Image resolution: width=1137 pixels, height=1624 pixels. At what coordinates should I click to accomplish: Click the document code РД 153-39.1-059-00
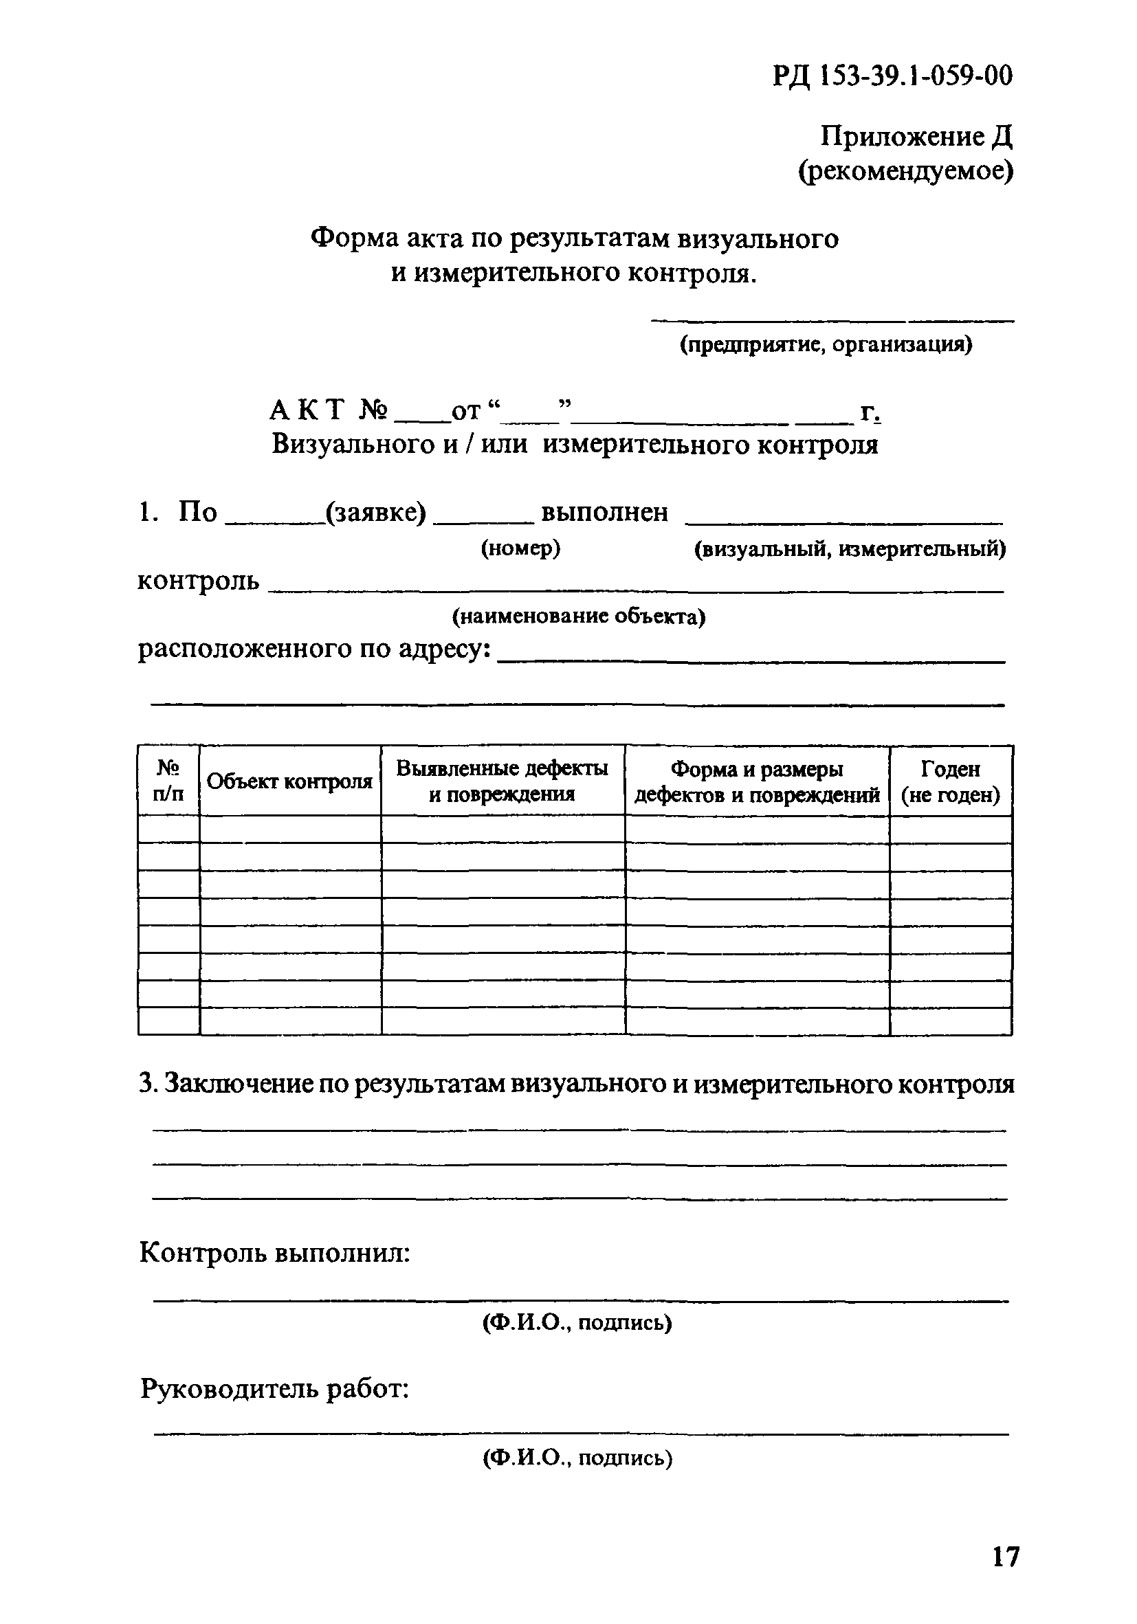892,75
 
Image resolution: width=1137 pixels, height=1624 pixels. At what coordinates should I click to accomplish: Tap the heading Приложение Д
916,137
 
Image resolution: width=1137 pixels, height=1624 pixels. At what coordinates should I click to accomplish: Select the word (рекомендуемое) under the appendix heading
905,171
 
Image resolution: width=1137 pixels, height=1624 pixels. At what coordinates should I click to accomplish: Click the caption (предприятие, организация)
826,344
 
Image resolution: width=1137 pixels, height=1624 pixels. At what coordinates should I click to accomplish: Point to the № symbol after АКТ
373,410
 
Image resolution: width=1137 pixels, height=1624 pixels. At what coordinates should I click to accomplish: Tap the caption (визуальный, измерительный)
850,548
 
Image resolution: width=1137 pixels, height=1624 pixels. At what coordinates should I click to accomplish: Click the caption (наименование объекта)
579,616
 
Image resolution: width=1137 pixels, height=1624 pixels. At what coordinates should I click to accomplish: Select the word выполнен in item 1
604,512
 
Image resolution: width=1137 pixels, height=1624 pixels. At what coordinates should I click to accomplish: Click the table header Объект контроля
289,781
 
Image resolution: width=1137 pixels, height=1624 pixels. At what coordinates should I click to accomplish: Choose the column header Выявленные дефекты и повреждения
502,781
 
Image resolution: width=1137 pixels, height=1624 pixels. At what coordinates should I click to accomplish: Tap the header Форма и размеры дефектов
756,781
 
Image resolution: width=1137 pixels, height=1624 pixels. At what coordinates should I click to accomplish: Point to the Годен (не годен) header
950,781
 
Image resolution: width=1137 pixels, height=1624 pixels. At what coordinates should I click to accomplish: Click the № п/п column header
168,781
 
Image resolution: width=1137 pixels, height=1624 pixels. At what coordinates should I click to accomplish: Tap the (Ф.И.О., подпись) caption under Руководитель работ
577,1457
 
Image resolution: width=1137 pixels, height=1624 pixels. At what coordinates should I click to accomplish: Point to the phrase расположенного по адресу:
314,649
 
